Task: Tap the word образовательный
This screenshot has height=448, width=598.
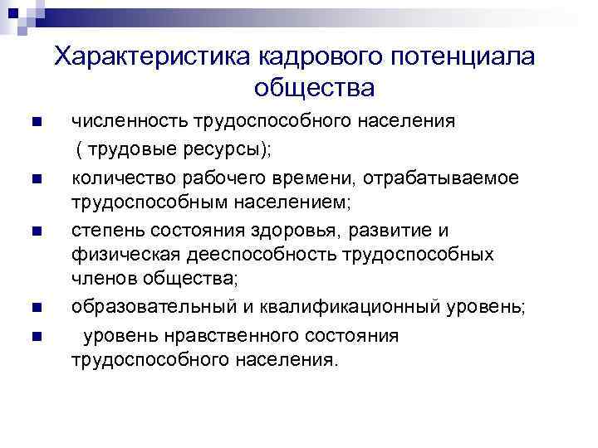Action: pos(149,307)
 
